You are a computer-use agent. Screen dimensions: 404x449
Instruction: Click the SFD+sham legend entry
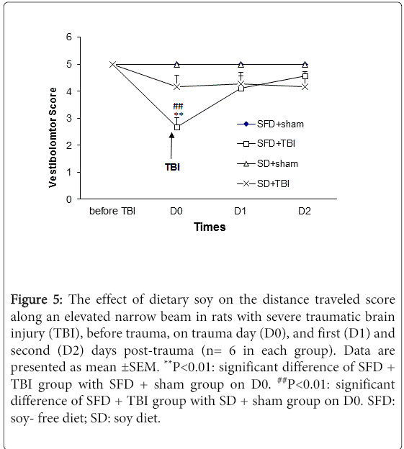coord(270,124)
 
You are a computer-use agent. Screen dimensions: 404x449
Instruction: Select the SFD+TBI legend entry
coord(266,143)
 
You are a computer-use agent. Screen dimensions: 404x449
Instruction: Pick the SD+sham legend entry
coord(267,163)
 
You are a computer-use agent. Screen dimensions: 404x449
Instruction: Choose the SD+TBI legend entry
coord(263,183)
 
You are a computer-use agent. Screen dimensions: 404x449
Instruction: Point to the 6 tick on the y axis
coord(68,37)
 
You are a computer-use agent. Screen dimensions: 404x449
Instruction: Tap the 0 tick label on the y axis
coord(68,199)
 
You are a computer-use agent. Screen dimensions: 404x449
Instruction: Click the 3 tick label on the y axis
coord(68,118)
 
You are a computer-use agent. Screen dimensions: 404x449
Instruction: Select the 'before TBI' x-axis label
coord(112,211)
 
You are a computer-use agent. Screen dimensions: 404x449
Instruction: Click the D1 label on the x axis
coord(240,211)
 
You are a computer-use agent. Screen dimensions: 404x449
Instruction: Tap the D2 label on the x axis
coord(305,211)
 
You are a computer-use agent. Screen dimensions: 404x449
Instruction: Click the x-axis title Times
coord(210,227)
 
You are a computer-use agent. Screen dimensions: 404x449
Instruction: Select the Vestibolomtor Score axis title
coord(53,137)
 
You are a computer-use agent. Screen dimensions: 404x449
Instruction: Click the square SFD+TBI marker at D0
coord(177,127)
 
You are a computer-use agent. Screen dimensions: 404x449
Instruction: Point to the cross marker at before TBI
coord(112,65)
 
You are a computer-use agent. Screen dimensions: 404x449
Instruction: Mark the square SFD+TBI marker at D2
coord(305,76)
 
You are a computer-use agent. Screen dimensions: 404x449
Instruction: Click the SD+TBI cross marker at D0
coord(177,86)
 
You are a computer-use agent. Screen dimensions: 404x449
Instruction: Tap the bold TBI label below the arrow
coord(172,167)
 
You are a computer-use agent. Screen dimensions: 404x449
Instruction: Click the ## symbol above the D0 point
coord(178,106)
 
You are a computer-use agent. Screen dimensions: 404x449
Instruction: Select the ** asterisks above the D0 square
coord(179,114)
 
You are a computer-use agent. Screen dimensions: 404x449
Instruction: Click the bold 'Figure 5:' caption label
coord(37,299)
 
